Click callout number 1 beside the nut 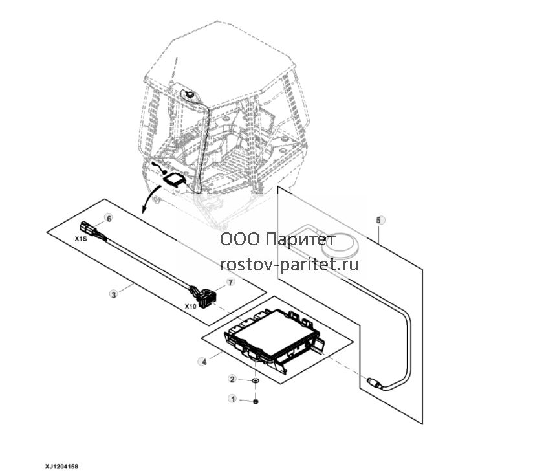coord(233,399)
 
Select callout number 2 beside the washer coord(232,379)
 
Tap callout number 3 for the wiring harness coord(114,294)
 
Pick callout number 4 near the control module coord(204,362)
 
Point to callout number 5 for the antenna coord(380,220)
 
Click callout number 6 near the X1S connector coord(109,219)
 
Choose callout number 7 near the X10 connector coord(231,282)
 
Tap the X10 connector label coord(190,307)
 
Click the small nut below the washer coord(256,402)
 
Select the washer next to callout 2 coord(256,381)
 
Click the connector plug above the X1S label coord(87,227)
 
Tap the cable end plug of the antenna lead coord(374,382)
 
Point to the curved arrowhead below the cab coord(144,210)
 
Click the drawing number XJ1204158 coord(61,467)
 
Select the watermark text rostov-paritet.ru coord(289,265)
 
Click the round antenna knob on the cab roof coord(190,93)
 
